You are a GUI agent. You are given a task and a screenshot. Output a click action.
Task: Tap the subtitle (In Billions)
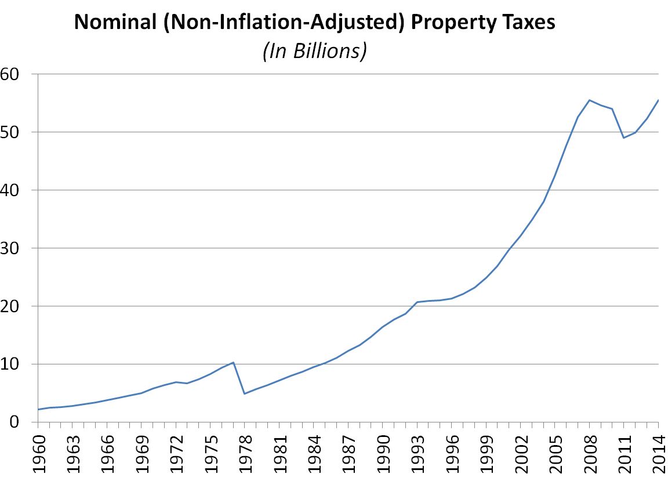pyautogui.click(x=314, y=51)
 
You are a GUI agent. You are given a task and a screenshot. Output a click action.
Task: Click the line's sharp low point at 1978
pyautogui.click(x=245, y=393)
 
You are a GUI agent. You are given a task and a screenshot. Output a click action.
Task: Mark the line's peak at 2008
pyautogui.click(x=589, y=100)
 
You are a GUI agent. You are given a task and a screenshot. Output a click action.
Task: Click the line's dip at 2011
pyautogui.click(x=624, y=138)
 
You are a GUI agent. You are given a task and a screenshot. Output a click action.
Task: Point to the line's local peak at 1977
pyautogui.click(x=233, y=362)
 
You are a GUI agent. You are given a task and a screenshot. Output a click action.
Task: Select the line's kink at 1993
pyautogui.click(x=417, y=302)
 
